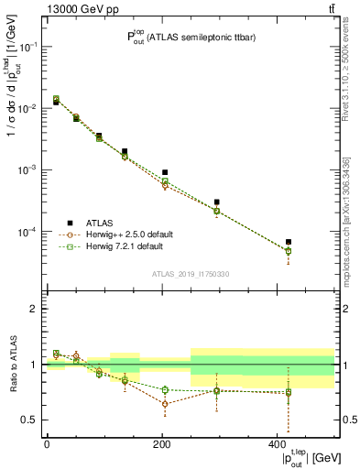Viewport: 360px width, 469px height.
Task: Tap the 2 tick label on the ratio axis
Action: coord(34,309)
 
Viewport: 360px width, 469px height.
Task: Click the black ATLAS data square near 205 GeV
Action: coord(165,172)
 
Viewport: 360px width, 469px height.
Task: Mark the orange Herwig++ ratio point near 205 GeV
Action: coord(165,404)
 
